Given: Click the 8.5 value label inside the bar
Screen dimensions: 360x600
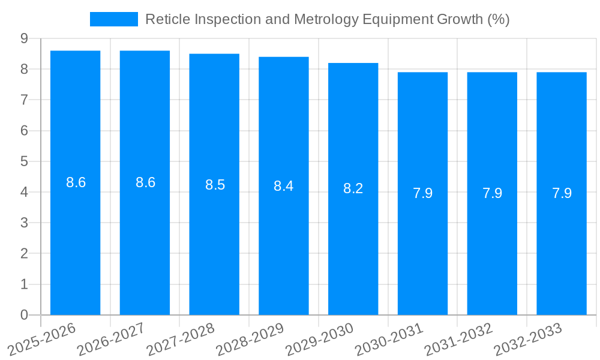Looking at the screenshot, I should pyautogui.click(x=215, y=185).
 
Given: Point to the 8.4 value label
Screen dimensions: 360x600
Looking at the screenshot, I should pyautogui.click(x=283, y=186).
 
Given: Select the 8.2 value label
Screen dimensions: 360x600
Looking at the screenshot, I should pyautogui.click(x=353, y=188).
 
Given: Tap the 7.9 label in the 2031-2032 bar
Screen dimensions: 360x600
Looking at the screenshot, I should pyautogui.click(x=492, y=193).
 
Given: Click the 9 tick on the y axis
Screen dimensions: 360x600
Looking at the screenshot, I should pyautogui.click(x=24, y=38).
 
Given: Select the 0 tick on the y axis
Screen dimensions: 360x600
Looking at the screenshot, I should pyautogui.click(x=24, y=315).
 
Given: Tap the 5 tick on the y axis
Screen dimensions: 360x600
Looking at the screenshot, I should pyautogui.click(x=24, y=161).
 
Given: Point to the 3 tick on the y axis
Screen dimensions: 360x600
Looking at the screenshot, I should pyautogui.click(x=24, y=223).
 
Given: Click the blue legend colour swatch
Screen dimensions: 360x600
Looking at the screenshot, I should pyautogui.click(x=113, y=19).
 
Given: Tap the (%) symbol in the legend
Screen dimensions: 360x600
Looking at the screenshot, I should pyautogui.click(x=498, y=19).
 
